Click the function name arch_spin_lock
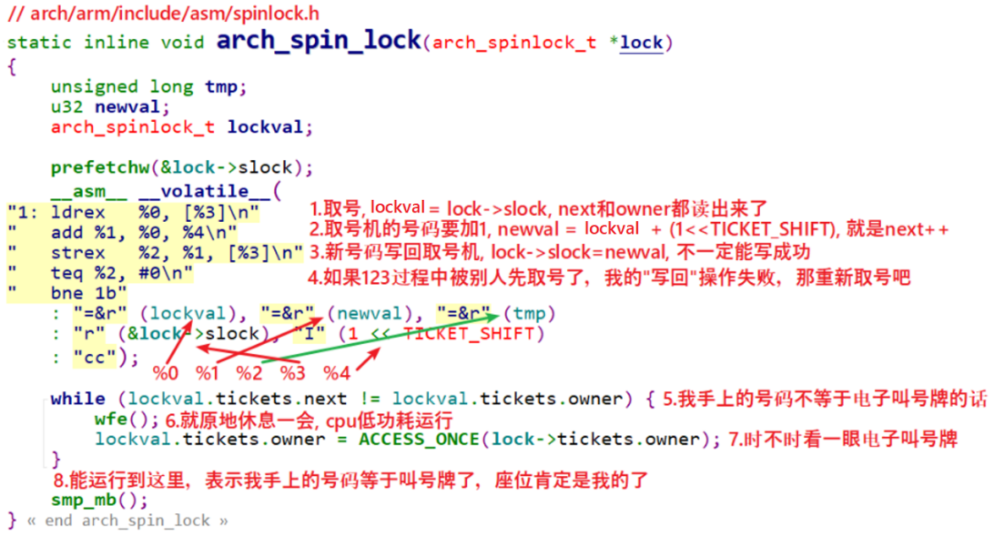318,40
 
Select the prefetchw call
88,167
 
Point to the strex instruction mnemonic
78,252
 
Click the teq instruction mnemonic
66,273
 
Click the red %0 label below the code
166,373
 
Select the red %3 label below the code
292,373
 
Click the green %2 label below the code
250,373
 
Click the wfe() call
115,418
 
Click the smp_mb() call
87,500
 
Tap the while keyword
78,398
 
